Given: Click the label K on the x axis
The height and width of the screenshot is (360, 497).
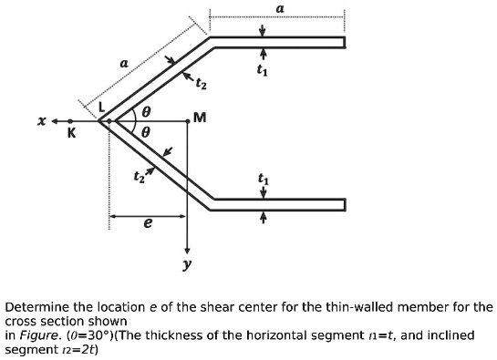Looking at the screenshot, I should click(71, 134).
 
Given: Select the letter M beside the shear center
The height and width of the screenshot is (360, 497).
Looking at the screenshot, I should click(200, 118).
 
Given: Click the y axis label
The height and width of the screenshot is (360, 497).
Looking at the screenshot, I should click(186, 267).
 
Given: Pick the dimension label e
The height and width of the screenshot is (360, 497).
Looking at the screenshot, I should click(148, 224).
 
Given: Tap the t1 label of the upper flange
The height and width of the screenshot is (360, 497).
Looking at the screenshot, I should click(263, 68).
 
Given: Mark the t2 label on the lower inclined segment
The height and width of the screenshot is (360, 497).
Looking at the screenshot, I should click(139, 175).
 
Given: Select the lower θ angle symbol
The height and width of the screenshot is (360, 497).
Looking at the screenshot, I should click(143, 131).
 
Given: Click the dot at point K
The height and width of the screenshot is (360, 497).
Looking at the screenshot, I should click(70, 120).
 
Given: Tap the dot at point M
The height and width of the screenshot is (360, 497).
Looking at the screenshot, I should click(187, 120).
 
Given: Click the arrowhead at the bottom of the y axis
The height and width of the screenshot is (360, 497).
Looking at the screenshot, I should click(187, 250).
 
